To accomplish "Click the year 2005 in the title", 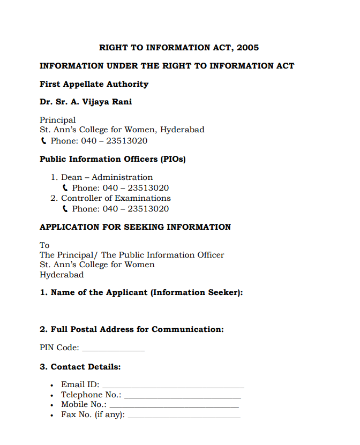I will click(x=247, y=48).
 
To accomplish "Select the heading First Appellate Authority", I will click(x=94, y=84).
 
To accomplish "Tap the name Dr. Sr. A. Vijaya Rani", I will click(x=86, y=102).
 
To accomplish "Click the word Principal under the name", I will click(x=58, y=120).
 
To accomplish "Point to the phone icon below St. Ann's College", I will click(x=43, y=141).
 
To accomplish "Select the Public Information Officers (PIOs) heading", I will click(x=112, y=159).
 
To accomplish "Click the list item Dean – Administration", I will click(x=107, y=177).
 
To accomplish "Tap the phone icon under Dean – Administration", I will click(x=65, y=188).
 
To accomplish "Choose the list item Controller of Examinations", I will click(x=116, y=198).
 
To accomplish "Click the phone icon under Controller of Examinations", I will click(x=65, y=209).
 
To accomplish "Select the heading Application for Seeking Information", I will click(x=135, y=227).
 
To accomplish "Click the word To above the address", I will click(x=44, y=245).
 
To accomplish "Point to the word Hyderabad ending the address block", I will click(x=62, y=275).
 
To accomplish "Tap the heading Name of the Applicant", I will click(x=141, y=292).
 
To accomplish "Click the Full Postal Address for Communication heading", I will click(x=132, y=329).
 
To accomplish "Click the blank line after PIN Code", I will click(x=113, y=350).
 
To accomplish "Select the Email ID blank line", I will click(x=173, y=386).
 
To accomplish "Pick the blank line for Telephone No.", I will click(x=182, y=397).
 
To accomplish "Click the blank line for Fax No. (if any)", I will click(x=184, y=417).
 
